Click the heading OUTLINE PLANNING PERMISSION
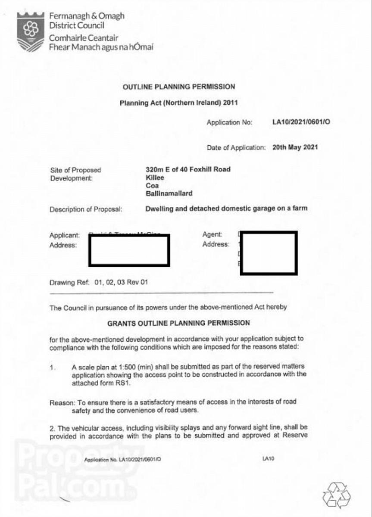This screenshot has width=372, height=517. pos(179,87)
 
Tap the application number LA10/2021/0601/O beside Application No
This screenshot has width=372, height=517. pos(301,122)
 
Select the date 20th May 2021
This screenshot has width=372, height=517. pos(295,147)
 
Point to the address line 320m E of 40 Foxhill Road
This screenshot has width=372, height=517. pos(188,169)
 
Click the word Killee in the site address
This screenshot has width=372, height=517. pos(155,178)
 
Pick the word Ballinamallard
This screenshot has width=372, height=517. pos(169,193)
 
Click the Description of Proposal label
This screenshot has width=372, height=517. pos(86,209)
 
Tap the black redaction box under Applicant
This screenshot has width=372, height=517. pos(129,250)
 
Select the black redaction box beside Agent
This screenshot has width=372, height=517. pos(269,253)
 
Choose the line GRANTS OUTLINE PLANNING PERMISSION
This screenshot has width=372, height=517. pos(178,323)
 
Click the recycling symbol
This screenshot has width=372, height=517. pos(337,495)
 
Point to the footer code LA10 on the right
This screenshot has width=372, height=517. pos(268,458)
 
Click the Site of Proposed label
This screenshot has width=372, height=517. pos(75,170)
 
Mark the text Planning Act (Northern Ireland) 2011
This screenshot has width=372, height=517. pos(178,103)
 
